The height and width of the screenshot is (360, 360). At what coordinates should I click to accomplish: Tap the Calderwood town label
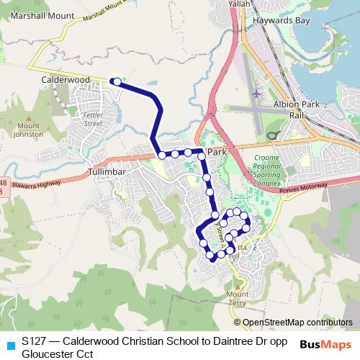tap(65, 79)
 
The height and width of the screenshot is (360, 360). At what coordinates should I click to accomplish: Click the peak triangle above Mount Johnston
tap(29, 117)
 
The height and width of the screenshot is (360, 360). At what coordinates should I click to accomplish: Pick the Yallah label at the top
tap(240, 4)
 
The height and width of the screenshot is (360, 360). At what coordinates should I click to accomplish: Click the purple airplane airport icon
tap(257, 94)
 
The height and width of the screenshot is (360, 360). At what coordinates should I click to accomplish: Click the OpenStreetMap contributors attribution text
tap(297, 323)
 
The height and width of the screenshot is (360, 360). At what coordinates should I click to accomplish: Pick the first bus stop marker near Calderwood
tap(116, 82)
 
